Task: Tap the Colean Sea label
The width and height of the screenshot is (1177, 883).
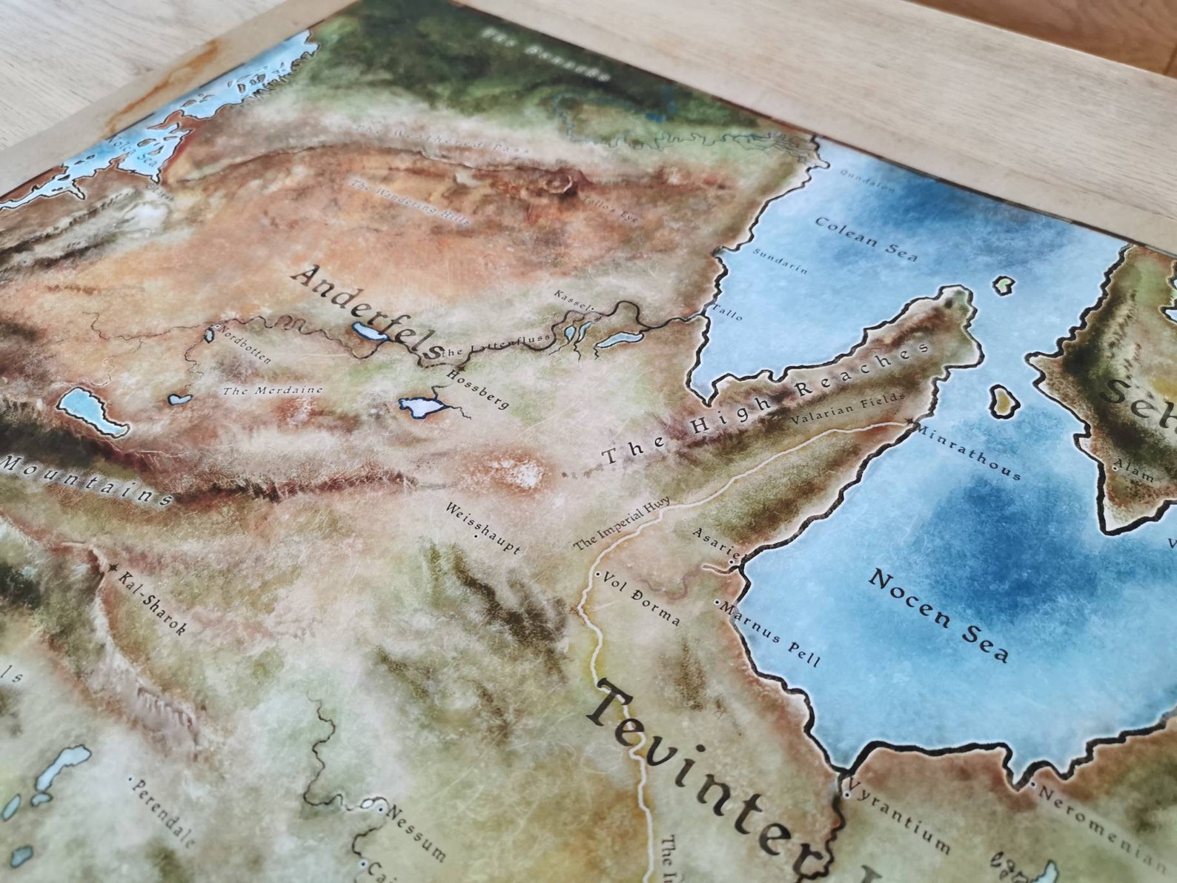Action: point(866,239)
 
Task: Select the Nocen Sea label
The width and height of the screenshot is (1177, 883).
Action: point(939,614)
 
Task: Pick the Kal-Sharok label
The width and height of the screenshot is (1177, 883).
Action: point(152,603)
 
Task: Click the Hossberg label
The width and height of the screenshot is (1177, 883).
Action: point(478,388)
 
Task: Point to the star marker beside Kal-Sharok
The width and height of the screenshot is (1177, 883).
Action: point(113,568)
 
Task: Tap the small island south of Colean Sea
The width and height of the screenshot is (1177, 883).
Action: point(1002,400)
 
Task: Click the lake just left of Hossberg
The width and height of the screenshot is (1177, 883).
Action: point(420,406)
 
